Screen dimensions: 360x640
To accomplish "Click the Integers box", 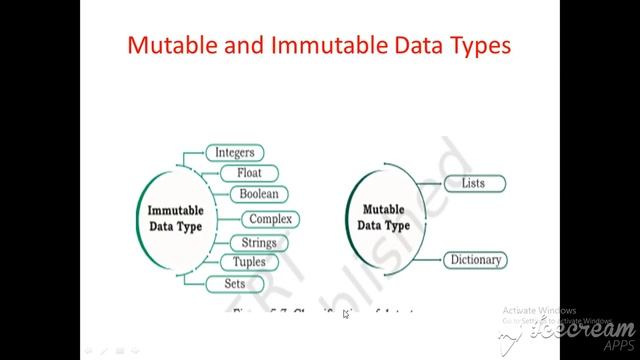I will point(235,153).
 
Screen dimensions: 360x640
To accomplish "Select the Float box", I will point(249,173).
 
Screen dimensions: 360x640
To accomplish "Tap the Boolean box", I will point(258,194).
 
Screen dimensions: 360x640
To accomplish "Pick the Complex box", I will point(270,219).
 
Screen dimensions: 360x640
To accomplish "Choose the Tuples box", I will point(249,262).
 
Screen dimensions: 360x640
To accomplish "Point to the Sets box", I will point(234,284).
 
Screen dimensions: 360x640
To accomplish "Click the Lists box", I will point(473,184).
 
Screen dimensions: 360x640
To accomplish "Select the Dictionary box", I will point(474,261).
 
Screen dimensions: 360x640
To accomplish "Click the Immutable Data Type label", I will point(175,219).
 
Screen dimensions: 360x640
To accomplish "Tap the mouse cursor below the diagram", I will point(345,315).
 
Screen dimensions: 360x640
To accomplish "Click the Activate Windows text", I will point(539,309).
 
